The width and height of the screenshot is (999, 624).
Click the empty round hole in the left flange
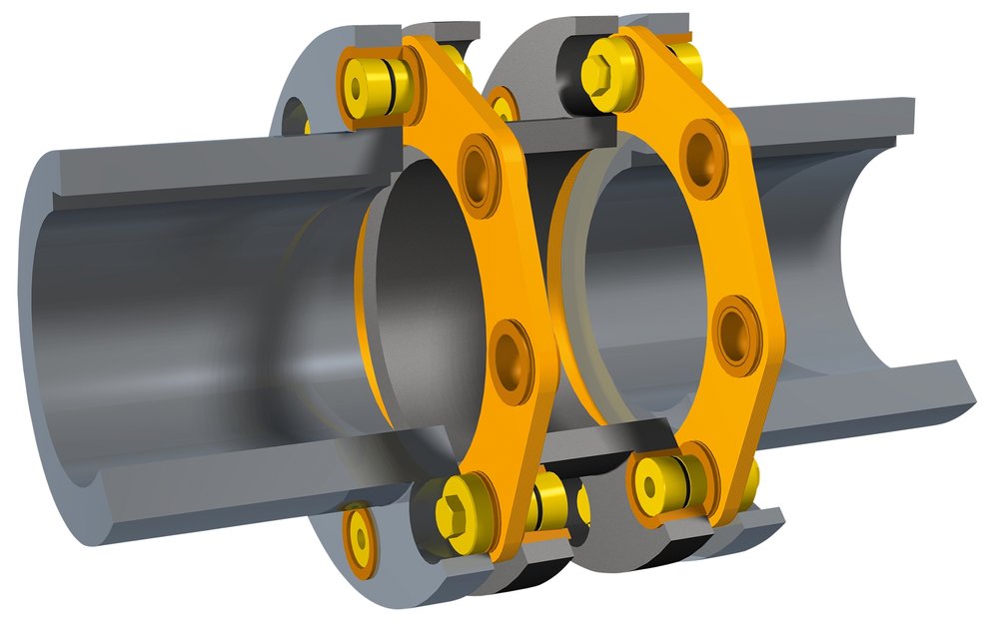[x=294, y=116]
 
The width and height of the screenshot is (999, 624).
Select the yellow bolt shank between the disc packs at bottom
[x=549, y=499]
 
